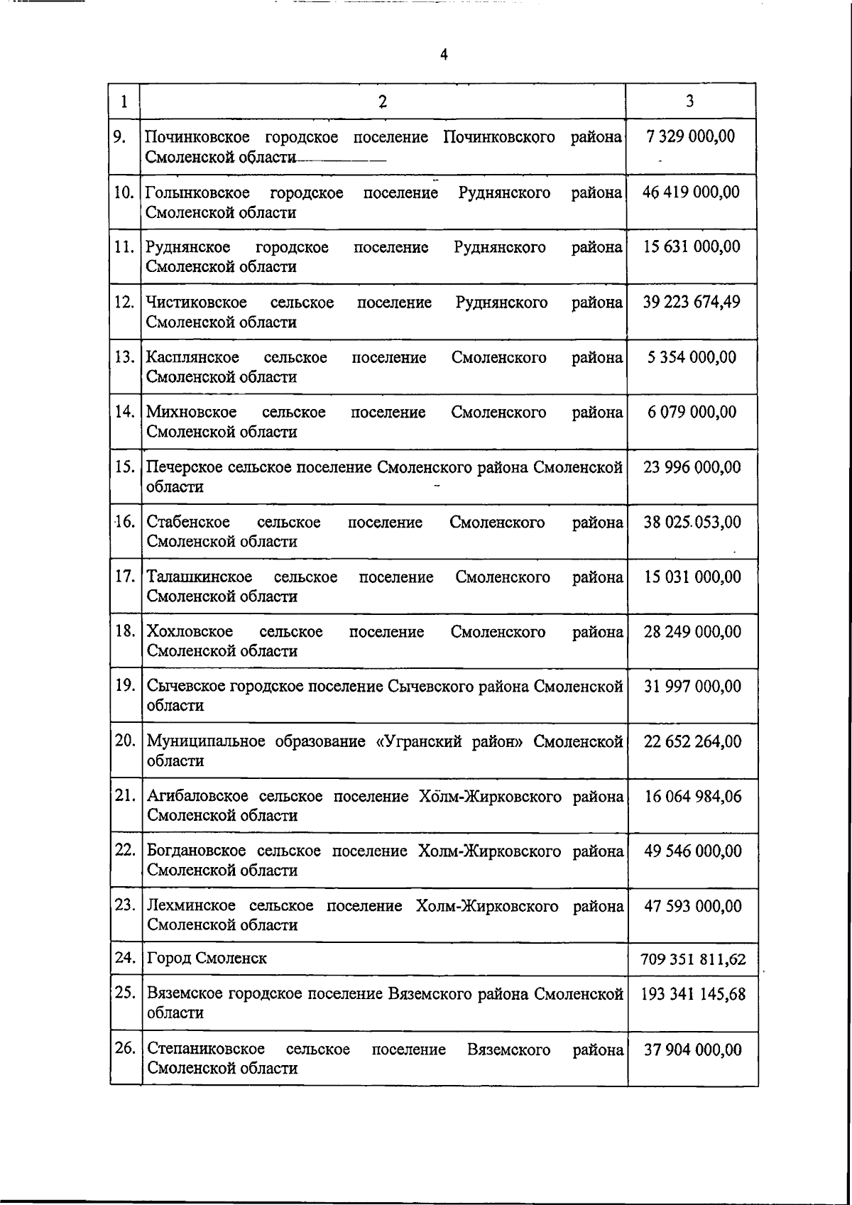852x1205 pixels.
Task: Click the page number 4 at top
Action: click(444, 55)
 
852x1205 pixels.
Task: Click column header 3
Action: click(690, 101)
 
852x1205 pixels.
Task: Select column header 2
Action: click(383, 102)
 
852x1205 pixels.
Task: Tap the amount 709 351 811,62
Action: click(693, 960)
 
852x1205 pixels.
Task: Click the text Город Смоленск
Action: click(207, 959)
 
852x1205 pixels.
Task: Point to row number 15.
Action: click(125, 467)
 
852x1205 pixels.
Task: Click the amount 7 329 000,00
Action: click(691, 136)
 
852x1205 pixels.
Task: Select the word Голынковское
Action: click(197, 193)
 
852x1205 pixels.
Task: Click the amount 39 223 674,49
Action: click(692, 302)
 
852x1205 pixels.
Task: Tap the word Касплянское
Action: click(192, 357)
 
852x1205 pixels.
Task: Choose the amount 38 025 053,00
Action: click(692, 523)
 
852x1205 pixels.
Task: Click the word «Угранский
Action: click(420, 741)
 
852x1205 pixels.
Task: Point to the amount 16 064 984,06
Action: click(693, 797)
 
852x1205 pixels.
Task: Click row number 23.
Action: click(125, 905)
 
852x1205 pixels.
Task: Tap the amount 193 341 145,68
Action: click(693, 994)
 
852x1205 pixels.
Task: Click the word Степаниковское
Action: click(206, 1049)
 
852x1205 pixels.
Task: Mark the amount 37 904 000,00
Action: click(693, 1049)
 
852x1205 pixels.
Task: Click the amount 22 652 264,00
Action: click(693, 741)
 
